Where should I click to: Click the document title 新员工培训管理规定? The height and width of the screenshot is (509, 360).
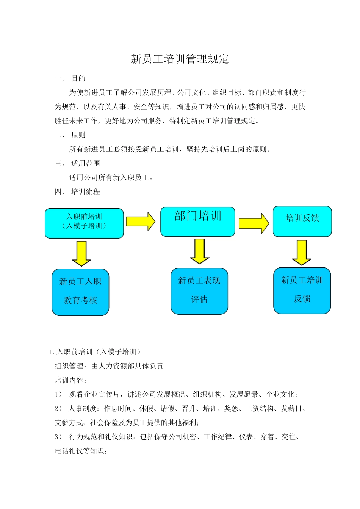coord(180,59)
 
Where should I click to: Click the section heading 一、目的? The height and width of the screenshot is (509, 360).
coord(70,79)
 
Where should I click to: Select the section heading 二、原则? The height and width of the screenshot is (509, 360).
coord(70,135)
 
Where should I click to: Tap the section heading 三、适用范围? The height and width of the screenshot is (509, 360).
coord(78,164)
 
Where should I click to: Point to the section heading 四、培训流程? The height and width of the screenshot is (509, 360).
coord(78,192)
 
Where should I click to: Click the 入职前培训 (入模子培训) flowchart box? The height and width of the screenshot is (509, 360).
coord(84,223)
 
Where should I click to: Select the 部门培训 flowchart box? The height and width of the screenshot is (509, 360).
coord(198,222)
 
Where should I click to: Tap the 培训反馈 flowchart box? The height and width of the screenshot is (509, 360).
coord(302,222)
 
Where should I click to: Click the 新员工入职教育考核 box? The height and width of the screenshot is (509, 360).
coord(80,292)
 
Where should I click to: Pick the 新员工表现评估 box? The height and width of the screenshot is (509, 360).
coord(199,291)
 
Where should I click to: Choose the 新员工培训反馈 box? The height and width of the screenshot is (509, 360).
coord(302,291)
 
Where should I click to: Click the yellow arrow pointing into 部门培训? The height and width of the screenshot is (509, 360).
coord(141,222)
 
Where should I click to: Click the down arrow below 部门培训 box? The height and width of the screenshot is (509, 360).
coord(200,251)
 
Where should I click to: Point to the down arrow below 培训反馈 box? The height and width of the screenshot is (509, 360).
coord(302,253)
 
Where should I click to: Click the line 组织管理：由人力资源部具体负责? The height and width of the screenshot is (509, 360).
coord(109,366)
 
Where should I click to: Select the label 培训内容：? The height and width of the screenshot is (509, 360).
coord(71,380)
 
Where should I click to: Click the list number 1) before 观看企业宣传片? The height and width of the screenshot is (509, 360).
coord(58,395)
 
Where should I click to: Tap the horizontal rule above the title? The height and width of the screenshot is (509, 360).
coord(180,36)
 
